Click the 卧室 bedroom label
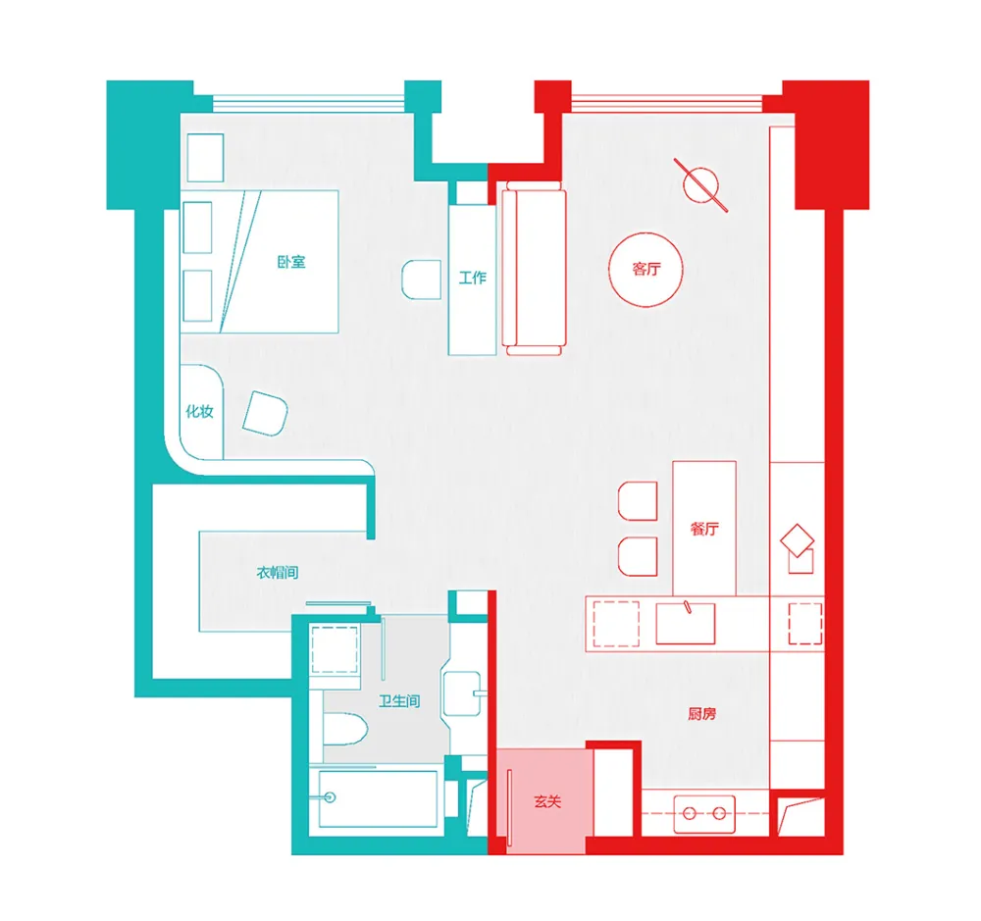[x=291, y=262]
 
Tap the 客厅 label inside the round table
[x=646, y=269]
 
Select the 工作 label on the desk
[x=473, y=278]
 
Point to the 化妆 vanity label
[x=199, y=411]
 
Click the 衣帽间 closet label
[x=278, y=573]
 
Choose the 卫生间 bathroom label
[x=399, y=701]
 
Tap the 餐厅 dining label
[x=704, y=530]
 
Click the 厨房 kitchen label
[x=702, y=714]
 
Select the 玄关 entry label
[x=547, y=801]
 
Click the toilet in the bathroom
[x=344, y=729]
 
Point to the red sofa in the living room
[x=534, y=269]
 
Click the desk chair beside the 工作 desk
[x=421, y=280]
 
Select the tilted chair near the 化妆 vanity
[x=265, y=414]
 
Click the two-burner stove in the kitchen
[x=704, y=813]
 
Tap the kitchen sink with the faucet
[x=685, y=622]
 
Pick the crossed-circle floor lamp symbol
[x=700, y=185]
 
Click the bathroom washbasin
[x=463, y=693]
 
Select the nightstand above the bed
[x=205, y=158]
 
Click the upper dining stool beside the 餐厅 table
[x=638, y=501]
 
